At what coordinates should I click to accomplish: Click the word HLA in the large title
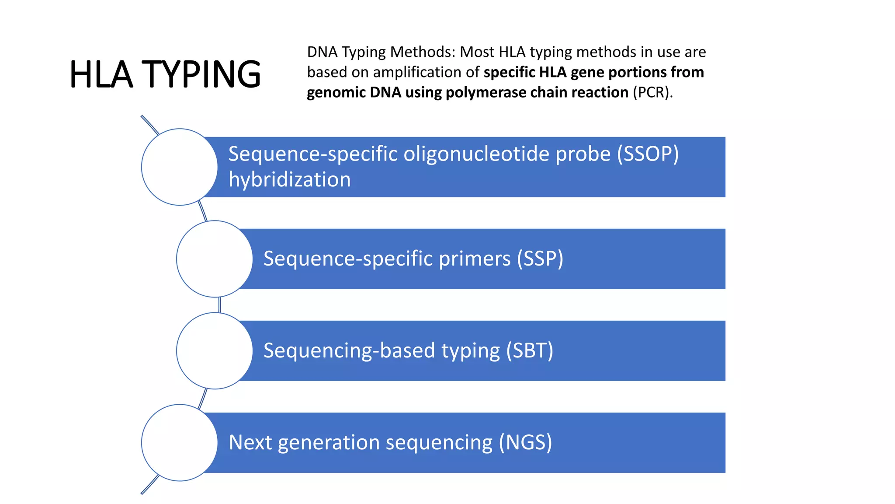pyautogui.click(x=101, y=74)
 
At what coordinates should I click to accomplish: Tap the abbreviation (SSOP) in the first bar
pyautogui.click(x=648, y=154)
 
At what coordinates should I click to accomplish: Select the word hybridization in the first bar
pyautogui.click(x=289, y=180)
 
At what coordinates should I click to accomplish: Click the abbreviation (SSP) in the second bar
pyautogui.click(x=540, y=259)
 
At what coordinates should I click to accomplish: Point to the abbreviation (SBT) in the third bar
pyautogui.click(x=530, y=350)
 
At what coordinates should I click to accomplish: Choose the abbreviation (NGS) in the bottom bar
pyautogui.click(x=525, y=442)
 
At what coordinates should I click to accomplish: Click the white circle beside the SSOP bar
pyautogui.click(x=179, y=167)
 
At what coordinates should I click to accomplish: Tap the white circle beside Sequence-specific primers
pyautogui.click(x=214, y=259)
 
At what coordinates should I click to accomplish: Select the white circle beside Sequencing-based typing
pyautogui.click(x=214, y=350)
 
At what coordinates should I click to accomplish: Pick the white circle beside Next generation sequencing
pyautogui.click(x=179, y=442)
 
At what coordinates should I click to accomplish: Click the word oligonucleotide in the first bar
pyautogui.click(x=476, y=154)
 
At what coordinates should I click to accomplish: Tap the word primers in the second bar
pyautogui.click(x=475, y=259)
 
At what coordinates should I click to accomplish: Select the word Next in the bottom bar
pyautogui.click(x=250, y=442)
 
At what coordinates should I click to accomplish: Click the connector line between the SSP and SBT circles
pyautogui.click(x=219, y=305)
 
